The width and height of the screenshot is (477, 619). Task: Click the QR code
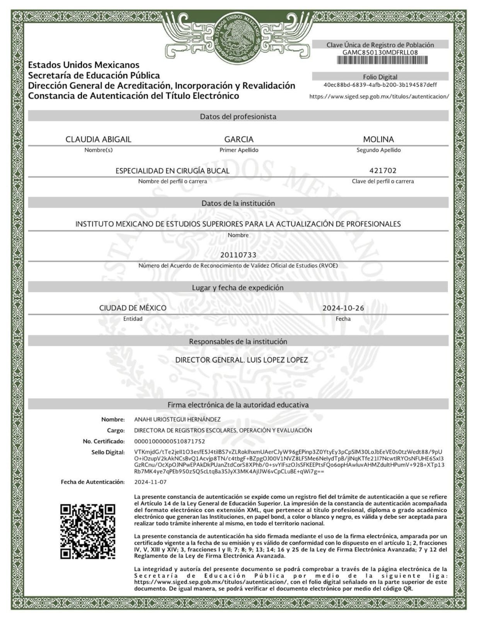click(88, 531)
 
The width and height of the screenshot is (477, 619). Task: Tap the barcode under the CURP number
click(382, 60)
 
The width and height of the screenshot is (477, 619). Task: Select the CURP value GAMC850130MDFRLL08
click(380, 53)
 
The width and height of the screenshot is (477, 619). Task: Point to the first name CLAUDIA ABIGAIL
click(98, 139)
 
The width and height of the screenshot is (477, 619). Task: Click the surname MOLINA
click(378, 139)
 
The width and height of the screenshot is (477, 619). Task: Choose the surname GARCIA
click(238, 139)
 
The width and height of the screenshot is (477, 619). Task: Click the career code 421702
click(383, 171)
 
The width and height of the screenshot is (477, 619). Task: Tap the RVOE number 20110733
click(238, 255)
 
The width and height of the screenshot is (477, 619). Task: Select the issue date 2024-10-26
click(343, 308)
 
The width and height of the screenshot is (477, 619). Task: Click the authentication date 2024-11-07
click(150, 482)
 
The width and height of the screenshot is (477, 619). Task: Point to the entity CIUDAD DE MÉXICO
click(133, 308)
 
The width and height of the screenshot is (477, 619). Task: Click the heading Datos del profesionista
click(238, 116)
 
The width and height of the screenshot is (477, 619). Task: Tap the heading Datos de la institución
click(238, 203)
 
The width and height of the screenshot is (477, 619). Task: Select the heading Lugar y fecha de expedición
click(238, 287)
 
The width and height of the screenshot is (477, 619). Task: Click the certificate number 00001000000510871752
click(169, 441)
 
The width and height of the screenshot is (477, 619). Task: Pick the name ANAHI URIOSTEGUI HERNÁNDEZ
click(177, 419)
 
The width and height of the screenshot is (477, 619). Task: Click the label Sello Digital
click(108, 452)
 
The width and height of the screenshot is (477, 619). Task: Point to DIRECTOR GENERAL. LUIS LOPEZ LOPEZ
click(242, 360)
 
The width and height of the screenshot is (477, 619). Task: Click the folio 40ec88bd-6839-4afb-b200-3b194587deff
click(380, 85)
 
